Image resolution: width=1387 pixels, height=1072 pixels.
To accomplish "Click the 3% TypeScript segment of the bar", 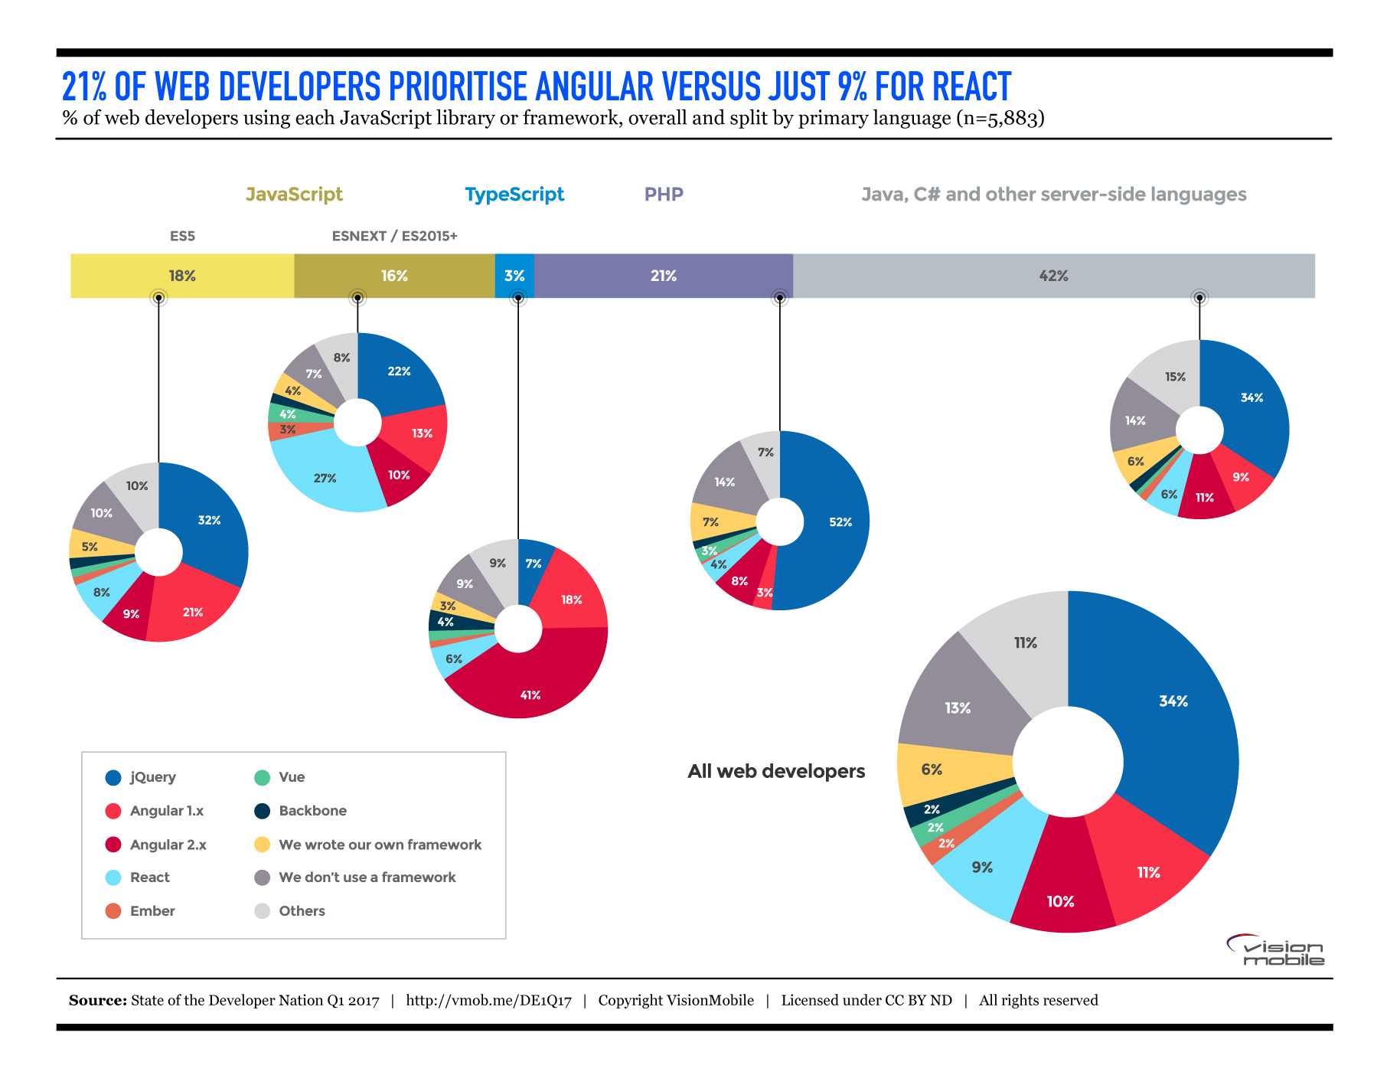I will click(514, 276).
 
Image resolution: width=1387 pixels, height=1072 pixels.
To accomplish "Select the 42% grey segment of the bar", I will click(1053, 276).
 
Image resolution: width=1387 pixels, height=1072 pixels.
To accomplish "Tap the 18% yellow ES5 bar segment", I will click(182, 276).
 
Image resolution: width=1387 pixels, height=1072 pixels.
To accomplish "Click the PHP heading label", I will click(664, 194).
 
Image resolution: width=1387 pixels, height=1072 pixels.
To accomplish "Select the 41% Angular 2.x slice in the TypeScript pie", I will click(530, 685).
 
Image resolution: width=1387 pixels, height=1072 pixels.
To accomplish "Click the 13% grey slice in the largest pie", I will click(958, 708).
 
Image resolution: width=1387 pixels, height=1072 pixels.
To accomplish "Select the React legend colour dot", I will click(113, 878).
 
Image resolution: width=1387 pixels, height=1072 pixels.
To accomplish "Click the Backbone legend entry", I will click(312, 811).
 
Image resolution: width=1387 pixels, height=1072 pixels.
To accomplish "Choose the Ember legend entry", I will click(152, 911).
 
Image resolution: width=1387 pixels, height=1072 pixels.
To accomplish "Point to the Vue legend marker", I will click(262, 777).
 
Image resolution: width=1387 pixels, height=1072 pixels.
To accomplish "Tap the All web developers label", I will click(776, 771).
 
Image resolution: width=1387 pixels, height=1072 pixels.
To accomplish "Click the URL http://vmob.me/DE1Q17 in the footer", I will click(488, 1001).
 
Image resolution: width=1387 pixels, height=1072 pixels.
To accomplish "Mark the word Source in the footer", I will click(97, 1001).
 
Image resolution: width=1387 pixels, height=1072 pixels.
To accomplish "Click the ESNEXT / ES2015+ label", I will click(394, 236).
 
